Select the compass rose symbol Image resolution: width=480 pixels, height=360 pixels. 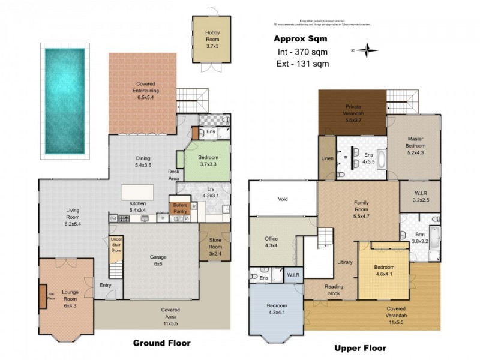(365, 50)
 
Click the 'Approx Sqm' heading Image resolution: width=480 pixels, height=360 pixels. (296, 39)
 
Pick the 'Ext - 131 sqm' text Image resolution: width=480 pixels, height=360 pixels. (300, 64)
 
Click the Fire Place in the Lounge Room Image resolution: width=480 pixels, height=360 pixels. (43, 296)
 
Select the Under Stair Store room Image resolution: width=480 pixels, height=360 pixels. (116, 247)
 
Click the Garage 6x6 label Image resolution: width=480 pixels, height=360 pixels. (158, 260)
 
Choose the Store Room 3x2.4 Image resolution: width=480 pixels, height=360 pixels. (215, 246)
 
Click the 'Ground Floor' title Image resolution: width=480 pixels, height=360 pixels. (161, 343)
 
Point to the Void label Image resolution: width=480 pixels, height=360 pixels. (283, 199)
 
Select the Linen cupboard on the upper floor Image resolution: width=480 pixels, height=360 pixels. (327, 158)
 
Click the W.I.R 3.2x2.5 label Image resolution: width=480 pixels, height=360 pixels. (421, 197)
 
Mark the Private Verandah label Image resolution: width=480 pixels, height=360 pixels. (353, 116)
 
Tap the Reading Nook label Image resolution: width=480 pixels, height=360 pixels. (334, 290)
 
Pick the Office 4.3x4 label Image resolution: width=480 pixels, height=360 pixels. (271, 242)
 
